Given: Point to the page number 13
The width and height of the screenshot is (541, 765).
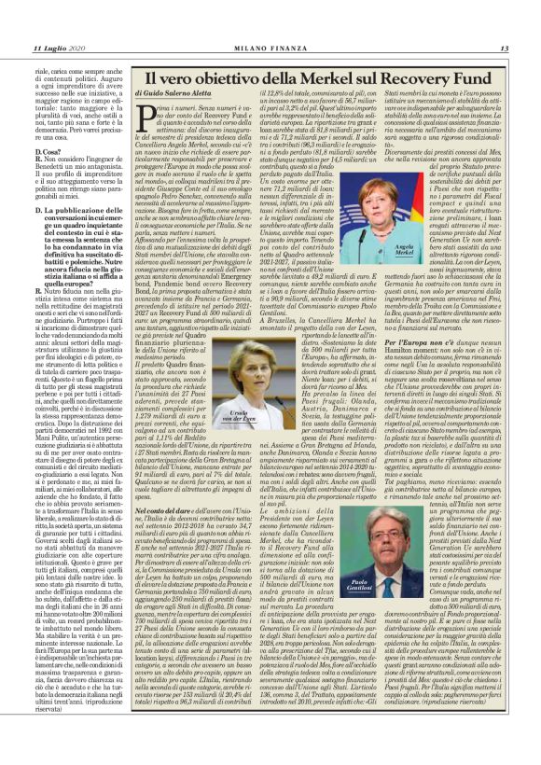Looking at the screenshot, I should click(x=504, y=48).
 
